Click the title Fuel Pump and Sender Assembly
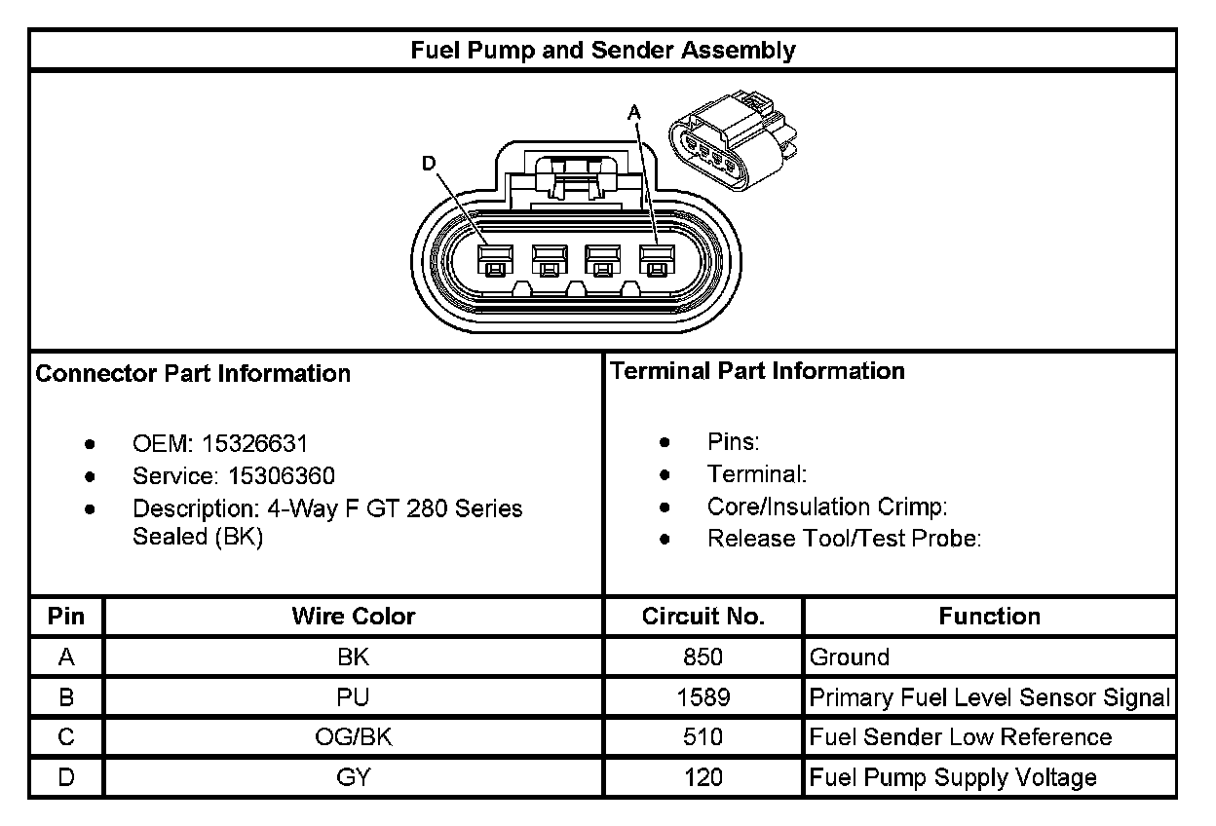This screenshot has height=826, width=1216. (x=602, y=51)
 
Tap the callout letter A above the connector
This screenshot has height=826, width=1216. (x=634, y=114)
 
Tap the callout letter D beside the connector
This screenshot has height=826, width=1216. (x=429, y=164)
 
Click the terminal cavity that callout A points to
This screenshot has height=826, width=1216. (x=656, y=260)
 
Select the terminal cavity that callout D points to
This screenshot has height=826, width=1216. (x=494, y=260)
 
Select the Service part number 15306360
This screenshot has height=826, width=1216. (x=282, y=476)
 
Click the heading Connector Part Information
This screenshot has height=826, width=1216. (x=193, y=374)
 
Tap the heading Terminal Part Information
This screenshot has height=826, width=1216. (x=757, y=371)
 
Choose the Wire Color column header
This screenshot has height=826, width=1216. (x=353, y=617)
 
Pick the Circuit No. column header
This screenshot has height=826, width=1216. (x=703, y=617)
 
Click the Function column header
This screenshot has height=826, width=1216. (x=989, y=617)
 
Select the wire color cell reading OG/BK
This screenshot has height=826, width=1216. (x=353, y=737)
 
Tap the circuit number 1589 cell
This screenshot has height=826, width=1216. (x=703, y=697)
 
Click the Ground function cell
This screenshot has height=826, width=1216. (x=849, y=657)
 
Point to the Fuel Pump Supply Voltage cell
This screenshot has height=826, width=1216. (x=952, y=777)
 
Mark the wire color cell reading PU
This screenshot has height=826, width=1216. (x=353, y=697)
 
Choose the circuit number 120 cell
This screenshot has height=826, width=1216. (x=703, y=777)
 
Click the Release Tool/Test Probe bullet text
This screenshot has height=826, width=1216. (x=844, y=539)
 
